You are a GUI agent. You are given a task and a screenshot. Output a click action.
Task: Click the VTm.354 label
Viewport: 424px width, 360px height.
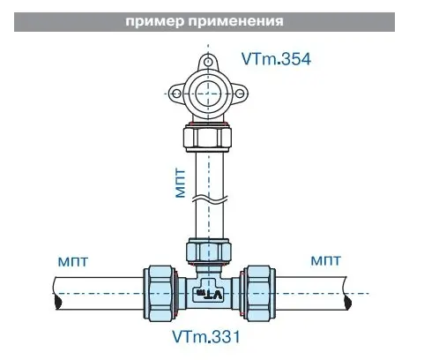tap(276, 59)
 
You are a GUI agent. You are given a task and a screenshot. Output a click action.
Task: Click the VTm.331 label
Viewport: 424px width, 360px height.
tap(206, 336)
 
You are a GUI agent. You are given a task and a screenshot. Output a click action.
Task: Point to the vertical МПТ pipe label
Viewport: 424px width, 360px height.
tap(181, 184)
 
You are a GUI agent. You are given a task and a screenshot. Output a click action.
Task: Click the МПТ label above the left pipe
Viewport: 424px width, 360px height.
tap(73, 261)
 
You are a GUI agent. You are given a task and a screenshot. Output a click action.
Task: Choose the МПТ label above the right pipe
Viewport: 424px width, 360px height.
tap(326, 260)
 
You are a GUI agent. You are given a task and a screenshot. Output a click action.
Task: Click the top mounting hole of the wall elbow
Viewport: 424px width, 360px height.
tap(208, 62)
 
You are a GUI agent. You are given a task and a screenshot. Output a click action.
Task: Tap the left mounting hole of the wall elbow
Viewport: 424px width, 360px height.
tap(176, 94)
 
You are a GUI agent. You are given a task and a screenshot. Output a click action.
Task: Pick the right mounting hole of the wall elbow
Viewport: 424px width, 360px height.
tap(240, 94)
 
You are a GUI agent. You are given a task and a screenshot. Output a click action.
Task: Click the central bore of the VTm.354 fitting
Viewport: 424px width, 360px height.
tap(208, 94)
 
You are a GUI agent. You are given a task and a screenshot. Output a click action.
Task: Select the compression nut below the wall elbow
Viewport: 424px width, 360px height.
tap(208, 138)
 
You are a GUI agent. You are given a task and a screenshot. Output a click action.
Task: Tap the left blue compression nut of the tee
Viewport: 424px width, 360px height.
tap(160, 293)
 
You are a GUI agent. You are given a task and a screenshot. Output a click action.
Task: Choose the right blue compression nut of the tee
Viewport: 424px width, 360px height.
tap(257, 293)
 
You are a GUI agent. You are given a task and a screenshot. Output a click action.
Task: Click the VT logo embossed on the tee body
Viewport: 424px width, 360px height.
tap(208, 294)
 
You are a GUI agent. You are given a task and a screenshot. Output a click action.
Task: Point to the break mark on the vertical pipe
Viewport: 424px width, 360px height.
tap(210, 198)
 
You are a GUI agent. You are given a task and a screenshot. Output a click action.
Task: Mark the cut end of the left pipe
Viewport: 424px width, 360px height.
tap(57, 293)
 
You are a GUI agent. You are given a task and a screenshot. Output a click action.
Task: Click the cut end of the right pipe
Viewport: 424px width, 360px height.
tap(347, 293)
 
